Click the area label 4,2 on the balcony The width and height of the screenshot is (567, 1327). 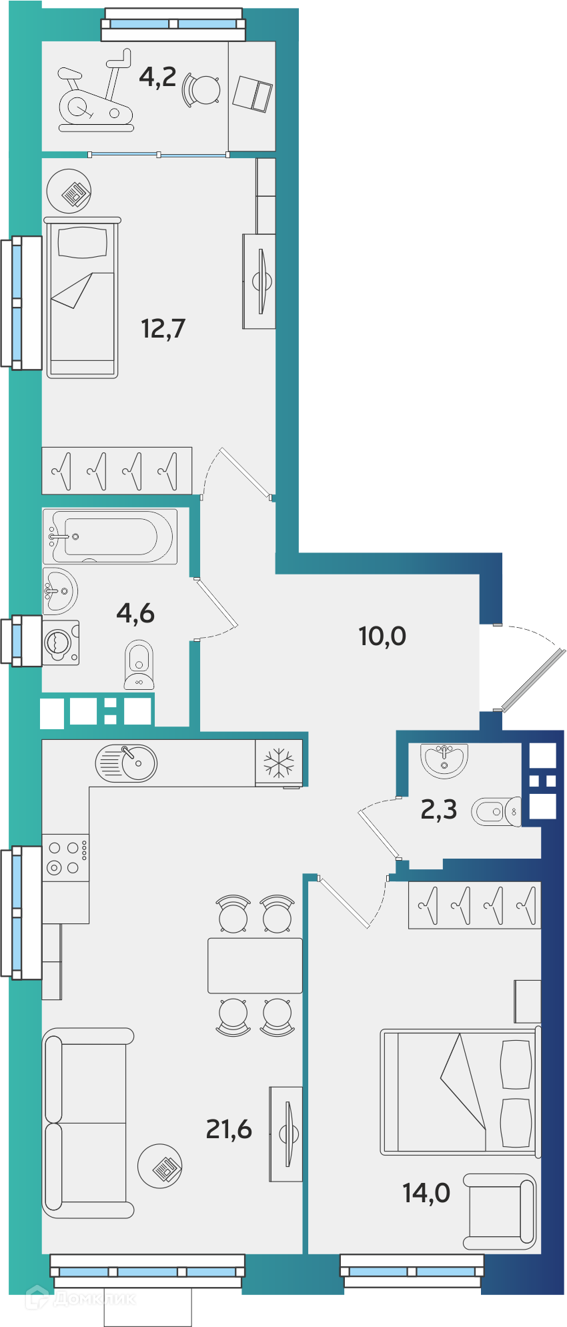pos(157,77)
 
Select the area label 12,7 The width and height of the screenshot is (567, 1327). pos(163,328)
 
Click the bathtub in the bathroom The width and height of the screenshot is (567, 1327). pos(110,536)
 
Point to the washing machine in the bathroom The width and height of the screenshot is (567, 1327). pos(61,642)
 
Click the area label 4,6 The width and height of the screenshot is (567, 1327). pos(135,612)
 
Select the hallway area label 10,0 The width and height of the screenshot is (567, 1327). pos(382,636)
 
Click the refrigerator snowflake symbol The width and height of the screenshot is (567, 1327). pos(279,763)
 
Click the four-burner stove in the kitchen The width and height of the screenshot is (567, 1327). pos(65,858)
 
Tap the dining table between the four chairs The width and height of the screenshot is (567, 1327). pos(255,965)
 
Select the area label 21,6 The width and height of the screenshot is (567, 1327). pos(229,1129)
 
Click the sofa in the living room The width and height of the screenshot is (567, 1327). pos(87,1123)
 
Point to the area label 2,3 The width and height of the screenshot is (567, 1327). pos(439,809)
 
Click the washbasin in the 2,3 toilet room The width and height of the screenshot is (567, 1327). pos(444,760)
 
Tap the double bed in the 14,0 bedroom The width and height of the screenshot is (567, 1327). pos(460,1092)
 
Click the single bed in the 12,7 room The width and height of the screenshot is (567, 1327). pos(82,298)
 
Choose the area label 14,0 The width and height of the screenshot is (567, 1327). pos(426,1192)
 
